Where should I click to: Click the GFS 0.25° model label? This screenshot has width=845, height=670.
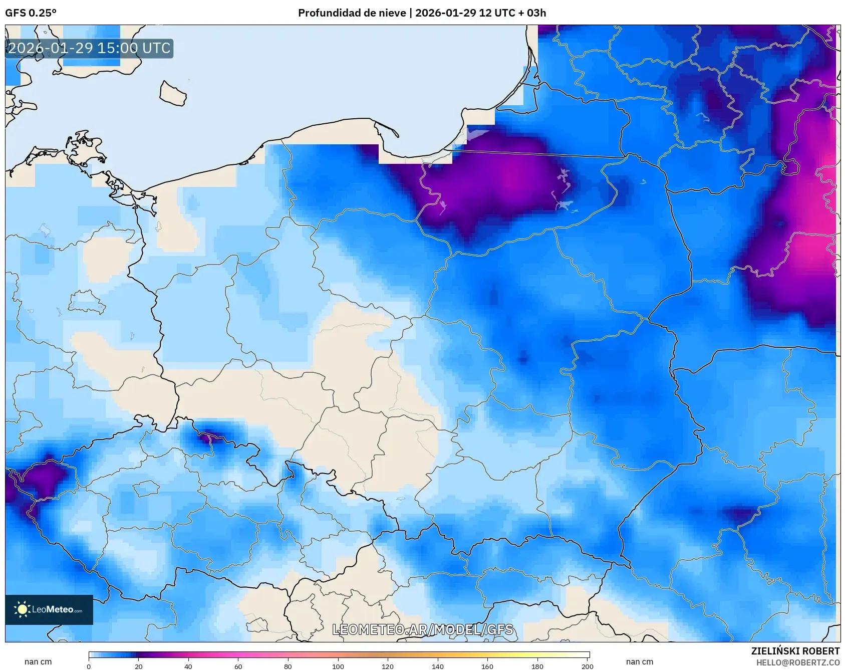[31, 13]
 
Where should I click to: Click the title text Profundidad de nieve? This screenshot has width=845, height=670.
[352, 13]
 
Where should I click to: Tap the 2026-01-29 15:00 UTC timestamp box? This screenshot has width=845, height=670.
[89, 49]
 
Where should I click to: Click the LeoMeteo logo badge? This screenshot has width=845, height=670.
[49, 609]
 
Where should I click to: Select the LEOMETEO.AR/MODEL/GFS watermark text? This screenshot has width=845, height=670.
[422, 629]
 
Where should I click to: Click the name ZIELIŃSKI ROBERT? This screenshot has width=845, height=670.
[795, 651]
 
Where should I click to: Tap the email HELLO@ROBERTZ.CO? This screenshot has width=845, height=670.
[797, 662]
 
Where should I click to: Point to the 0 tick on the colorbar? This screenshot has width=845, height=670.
[89, 666]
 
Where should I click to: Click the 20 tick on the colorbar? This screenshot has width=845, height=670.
[139, 666]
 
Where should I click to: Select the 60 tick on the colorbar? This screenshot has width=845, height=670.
[238, 666]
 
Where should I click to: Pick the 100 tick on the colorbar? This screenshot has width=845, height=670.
[338, 666]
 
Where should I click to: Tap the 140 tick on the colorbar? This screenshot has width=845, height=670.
[437, 666]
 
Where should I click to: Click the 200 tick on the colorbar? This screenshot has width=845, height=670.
[587, 666]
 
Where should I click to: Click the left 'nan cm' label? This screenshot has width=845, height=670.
[38, 662]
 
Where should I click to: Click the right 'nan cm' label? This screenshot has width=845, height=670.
[639, 662]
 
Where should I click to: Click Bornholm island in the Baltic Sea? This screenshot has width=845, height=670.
[173, 94]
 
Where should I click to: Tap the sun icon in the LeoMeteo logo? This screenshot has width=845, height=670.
[22, 609]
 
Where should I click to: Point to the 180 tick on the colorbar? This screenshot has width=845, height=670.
[537, 666]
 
